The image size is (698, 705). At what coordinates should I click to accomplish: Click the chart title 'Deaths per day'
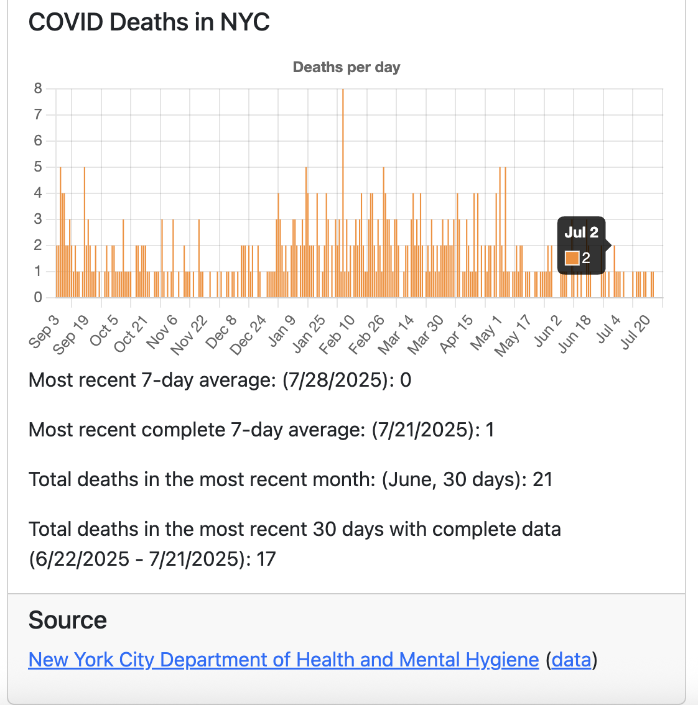click(347, 67)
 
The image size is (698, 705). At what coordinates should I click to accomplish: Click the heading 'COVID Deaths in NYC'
click(149, 22)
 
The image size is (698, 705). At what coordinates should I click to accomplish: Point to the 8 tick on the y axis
click(39, 88)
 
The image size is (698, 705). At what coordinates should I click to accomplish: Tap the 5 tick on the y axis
click(39, 167)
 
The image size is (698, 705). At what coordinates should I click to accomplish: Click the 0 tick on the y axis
click(39, 297)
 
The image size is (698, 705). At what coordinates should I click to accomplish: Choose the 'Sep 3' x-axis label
click(45, 331)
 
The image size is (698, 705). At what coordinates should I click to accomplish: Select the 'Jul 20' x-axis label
click(636, 332)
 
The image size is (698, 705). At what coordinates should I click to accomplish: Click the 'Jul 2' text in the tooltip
click(581, 233)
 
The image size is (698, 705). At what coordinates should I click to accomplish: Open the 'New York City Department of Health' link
click(284, 660)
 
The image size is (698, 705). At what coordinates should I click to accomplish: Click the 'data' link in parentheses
click(571, 660)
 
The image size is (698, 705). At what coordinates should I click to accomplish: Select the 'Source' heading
click(68, 620)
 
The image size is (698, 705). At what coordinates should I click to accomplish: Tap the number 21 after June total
click(542, 479)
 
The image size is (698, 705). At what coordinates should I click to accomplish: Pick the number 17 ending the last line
click(266, 559)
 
